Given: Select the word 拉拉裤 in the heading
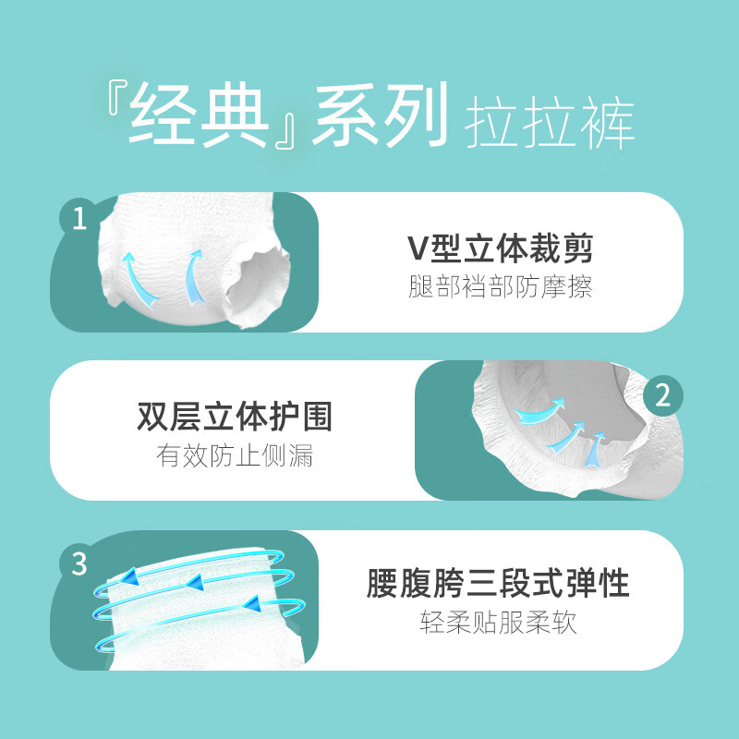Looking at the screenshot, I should tap(551, 120).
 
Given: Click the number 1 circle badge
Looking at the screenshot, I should tap(78, 218).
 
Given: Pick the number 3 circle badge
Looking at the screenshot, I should tap(78, 562).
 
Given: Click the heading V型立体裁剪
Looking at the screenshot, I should tap(500, 248).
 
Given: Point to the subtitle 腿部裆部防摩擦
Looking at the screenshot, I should tap(500, 287).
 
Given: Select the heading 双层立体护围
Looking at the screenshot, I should tap(234, 417).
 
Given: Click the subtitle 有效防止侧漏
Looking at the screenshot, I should tap(234, 456).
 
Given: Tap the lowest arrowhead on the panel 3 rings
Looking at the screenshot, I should tap(251, 605).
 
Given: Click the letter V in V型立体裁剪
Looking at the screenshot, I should tap(417, 248).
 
